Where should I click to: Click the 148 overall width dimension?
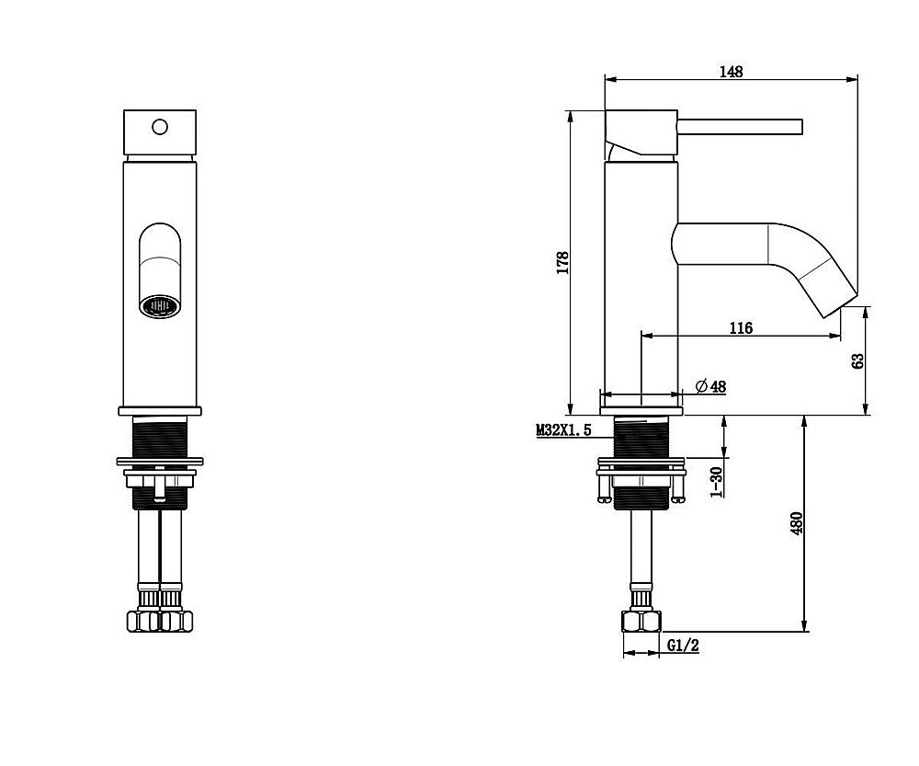pyautogui.click(x=731, y=72)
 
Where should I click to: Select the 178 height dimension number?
pyautogui.click(x=562, y=263)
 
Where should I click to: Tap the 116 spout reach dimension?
pyautogui.click(x=741, y=328)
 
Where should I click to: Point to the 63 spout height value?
pyautogui.click(x=857, y=360)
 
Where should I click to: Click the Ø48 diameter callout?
pyautogui.click(x=710, y=386)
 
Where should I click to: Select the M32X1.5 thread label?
pyautogui.click(x=563, y=430)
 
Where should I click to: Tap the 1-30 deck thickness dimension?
pyautogui.click(x=716, y=482)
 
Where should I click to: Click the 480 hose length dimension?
pyautogui.click(x=796, y=523)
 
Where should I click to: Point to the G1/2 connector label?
pyautogui.click(x=684, y=646)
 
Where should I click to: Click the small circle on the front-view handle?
pyautogui.click(x=159, y=127)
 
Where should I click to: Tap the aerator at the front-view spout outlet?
pyautogui.click(x=159, y=306)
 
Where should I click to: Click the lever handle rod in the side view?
pyautogui.click(x=740, y=127)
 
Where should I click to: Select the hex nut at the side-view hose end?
pyautogui.click(x=641, y=621)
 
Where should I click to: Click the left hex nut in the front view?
pyautogui.click(x=143, y=621)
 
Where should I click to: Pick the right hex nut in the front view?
pyautogui.click(x=176, y=621)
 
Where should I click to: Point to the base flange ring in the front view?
pyautogui.click(x=159, y=411)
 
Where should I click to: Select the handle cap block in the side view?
pyautogui.click(x=641, y=133)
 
